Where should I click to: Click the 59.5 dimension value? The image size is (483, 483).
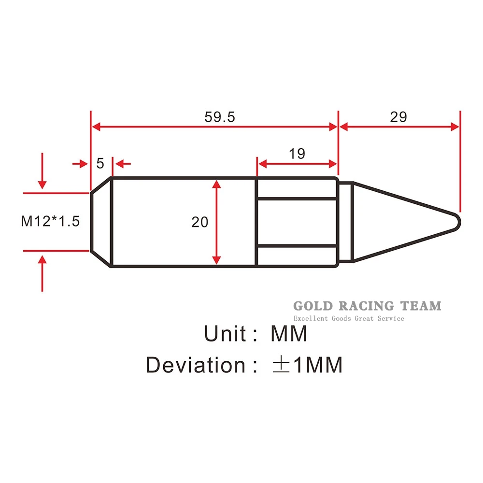pyautogui.click(x=220, y=117)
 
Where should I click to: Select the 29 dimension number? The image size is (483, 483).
pyautogui.click(x=398, y=117)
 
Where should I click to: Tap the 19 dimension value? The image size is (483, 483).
pyautogui.click(x=297, y=154)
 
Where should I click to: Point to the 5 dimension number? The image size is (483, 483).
pyautogui.click(x=100, y=163)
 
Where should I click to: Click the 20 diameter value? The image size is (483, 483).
pyautogui.click(x=199, y=222)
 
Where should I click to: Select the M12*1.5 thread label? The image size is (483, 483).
pyautogui.click(x=50, y=221)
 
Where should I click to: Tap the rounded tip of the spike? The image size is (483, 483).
pyautogui.click(x=456, y=222)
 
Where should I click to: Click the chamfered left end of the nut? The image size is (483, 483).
pyautogui.click(x=101, y=222)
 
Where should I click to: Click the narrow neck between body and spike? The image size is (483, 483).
pyautogui.click(x=346, y=222)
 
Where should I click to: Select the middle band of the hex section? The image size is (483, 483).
pyautogui.click(x=297, y=222)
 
